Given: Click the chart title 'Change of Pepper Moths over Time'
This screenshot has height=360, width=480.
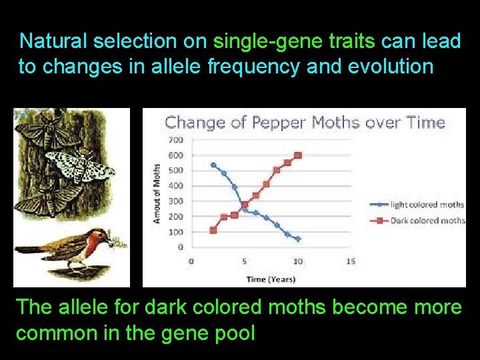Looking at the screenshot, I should point(305,123).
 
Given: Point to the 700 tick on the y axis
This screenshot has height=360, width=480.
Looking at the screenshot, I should point(176,140).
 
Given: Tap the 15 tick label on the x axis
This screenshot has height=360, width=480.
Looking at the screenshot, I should point(351,261).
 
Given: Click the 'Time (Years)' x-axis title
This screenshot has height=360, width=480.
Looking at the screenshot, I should point(271,279).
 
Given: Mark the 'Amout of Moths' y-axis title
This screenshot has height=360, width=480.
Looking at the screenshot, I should point(157,193).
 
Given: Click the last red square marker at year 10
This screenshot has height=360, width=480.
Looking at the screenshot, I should point(298,155).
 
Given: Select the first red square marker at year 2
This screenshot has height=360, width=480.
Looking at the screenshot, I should point(213,230).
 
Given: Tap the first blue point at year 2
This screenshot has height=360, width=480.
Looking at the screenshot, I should point(213,165).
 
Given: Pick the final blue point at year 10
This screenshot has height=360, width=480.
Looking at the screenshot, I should point(298,239).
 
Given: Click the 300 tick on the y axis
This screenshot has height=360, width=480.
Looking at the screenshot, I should point(176,201).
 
